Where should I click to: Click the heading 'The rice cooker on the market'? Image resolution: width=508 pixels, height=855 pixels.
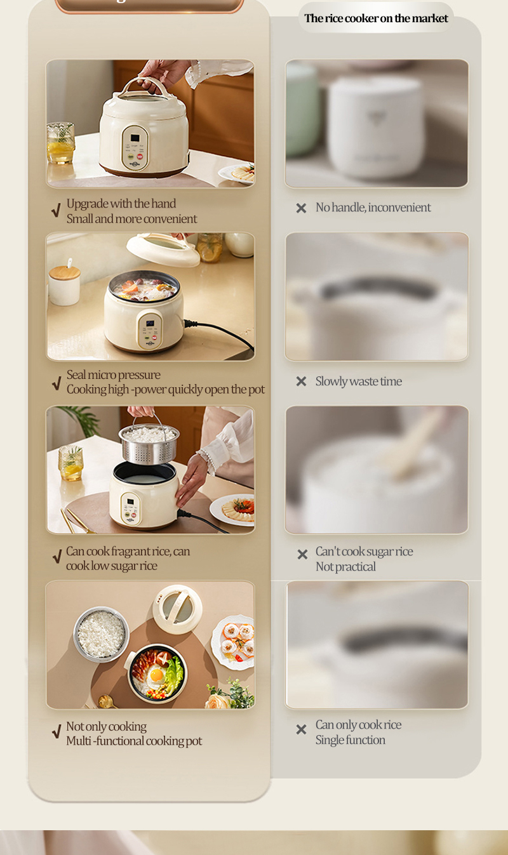[376, 18]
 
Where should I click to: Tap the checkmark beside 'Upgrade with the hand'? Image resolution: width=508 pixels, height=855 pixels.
[57, 211]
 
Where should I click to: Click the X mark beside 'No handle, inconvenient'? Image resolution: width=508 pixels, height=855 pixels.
[301, 208]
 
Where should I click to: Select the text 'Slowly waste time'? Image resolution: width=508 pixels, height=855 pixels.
[358, 381]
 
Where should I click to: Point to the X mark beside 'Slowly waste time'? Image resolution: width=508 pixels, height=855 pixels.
[301, 381]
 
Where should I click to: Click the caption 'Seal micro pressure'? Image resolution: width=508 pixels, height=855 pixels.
[113, 374]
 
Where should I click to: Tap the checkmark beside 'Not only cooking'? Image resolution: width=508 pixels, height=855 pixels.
[57, 733]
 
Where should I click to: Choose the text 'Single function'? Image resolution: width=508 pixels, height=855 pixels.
[350, 740]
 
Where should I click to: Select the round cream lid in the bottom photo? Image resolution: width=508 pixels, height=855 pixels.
[177, 608]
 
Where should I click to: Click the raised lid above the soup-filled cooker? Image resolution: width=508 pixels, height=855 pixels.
[164, 248]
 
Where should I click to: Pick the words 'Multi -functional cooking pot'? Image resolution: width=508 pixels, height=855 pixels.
[134, 741]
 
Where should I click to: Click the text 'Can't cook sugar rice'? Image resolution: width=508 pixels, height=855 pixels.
[364, 552]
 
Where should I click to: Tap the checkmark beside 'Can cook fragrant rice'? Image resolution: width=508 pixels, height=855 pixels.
[57, 558]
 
